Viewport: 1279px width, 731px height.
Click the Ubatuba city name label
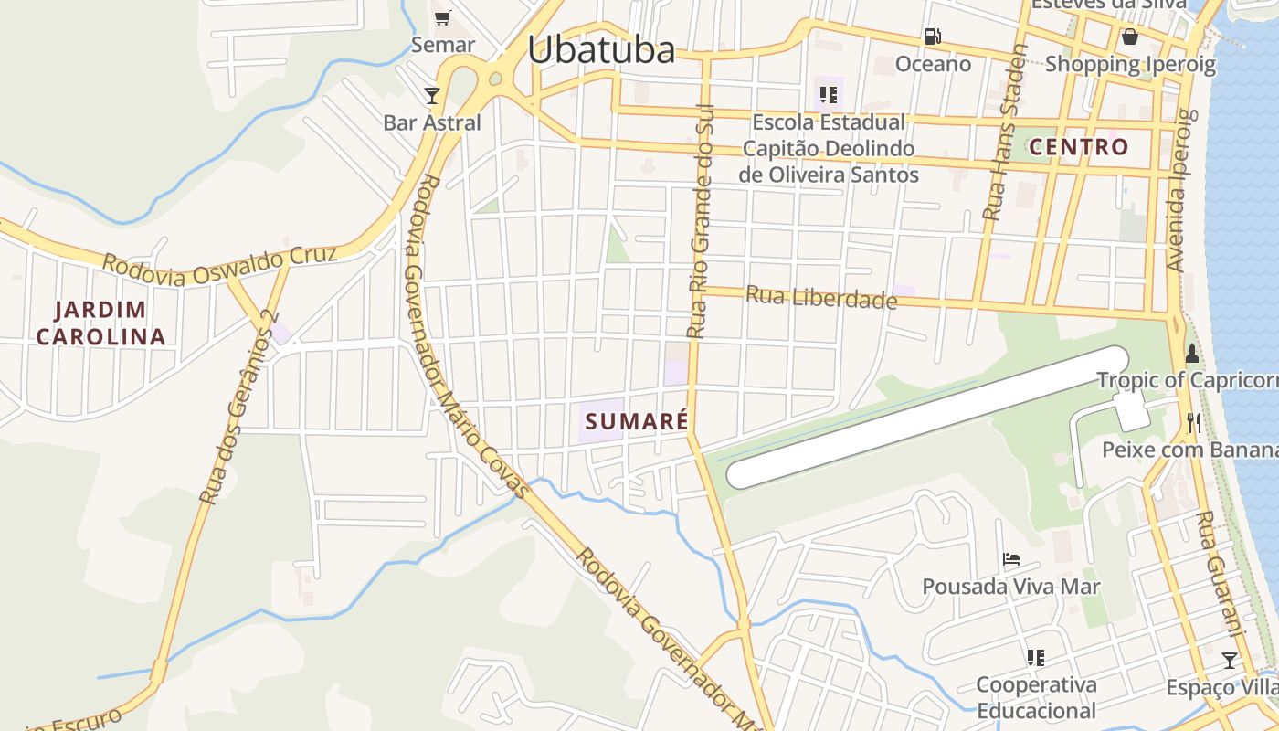point(601,49)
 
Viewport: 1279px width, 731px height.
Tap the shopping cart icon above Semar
point(443,17)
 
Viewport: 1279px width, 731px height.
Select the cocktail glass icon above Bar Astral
point(432,95)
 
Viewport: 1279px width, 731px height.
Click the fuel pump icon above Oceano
point(933,37)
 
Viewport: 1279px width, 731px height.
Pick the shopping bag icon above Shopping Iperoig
point(1130,37)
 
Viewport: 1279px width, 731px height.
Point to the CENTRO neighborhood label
point(1078,147)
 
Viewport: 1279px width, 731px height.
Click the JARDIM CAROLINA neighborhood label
point(100,323)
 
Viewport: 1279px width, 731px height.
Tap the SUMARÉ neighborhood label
point(636,421)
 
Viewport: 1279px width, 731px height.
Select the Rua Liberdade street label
point(821,297)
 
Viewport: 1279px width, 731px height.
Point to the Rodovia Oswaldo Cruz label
point(219,265)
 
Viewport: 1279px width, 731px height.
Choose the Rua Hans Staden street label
point(1006,132)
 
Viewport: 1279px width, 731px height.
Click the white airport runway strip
point(927,417)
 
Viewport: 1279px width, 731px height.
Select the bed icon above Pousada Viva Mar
point(1010,558)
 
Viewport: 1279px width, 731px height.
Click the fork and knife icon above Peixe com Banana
point(1193,422)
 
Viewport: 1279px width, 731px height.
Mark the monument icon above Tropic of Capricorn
point(1191,354)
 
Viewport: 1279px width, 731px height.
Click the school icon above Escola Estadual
point(829,94)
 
